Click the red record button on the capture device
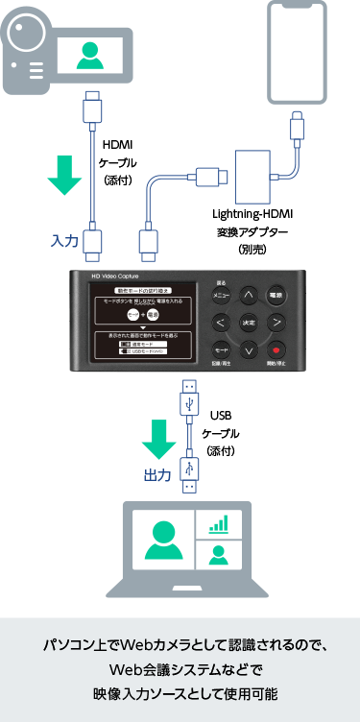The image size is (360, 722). [x=276, y=351]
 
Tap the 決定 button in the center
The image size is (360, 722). [x=249, y=323]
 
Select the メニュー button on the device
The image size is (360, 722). [x=220, y=295]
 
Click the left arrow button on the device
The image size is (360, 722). [x=220, y=323]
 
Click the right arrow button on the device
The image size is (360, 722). [x=276, y=323]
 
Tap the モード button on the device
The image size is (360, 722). [x=220, y=351]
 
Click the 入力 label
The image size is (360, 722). [x=64, y=240]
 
